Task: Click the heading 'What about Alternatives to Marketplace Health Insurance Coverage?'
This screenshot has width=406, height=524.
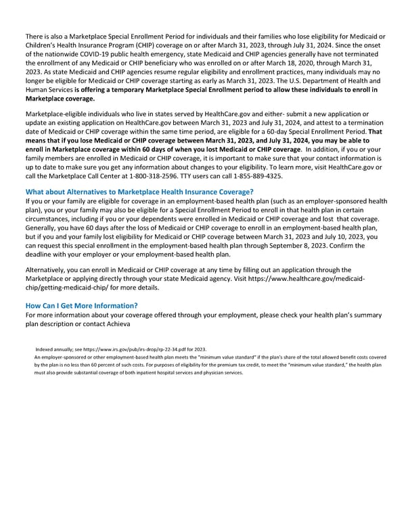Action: coord(138,192)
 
